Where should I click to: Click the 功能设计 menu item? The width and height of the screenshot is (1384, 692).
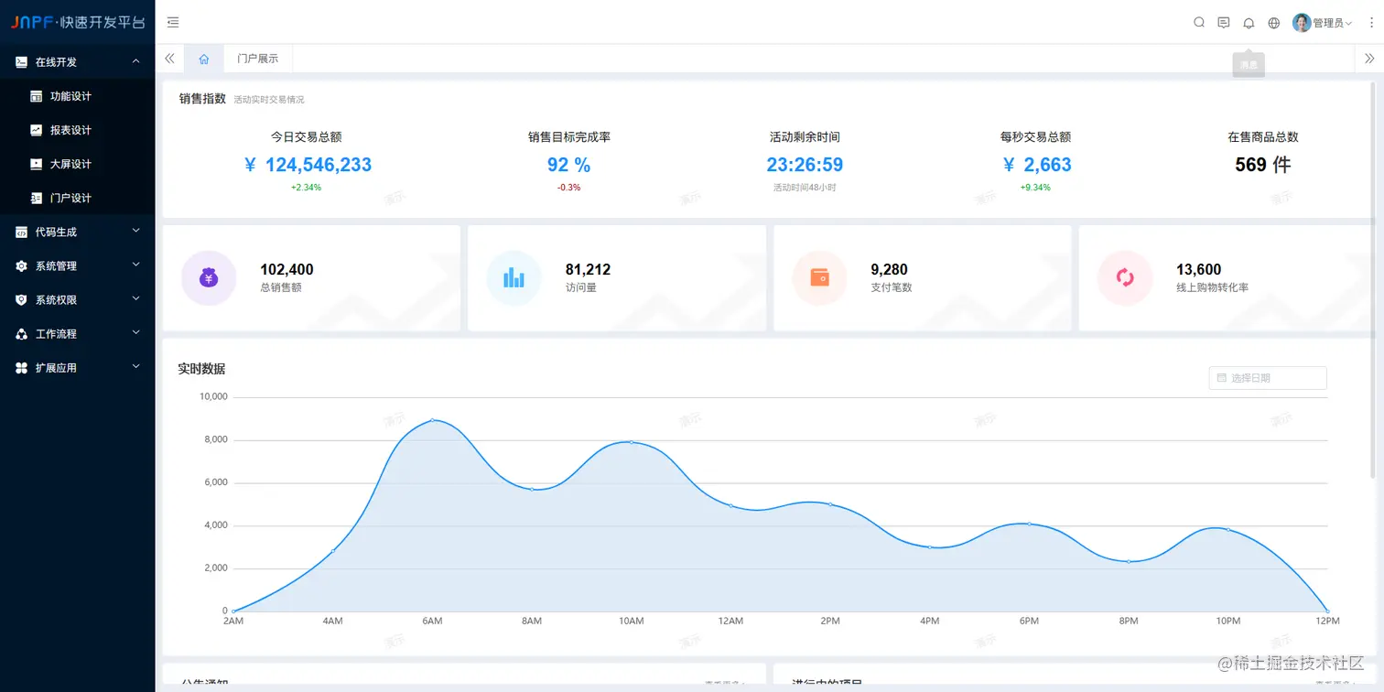(x=70, y=96)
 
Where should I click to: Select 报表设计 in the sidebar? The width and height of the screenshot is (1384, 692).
(x=70, y=130)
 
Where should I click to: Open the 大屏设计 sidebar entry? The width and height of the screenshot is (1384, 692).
(x=70, y=164)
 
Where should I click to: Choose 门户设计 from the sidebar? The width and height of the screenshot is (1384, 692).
(x=70, y=198)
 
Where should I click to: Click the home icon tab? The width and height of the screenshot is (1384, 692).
(x=204, y=59)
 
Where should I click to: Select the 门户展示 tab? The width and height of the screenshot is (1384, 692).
(x=257, y=59)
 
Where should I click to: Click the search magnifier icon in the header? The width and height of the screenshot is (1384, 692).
(x=1199, y=23)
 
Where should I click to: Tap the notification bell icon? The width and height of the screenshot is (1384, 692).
(x=1249, y=23)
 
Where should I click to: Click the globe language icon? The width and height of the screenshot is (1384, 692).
(x=1274, y=23)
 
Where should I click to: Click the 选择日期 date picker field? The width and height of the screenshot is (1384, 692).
(x=1268, y=378)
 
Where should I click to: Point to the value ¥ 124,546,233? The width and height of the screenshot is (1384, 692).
(x=308, y=165)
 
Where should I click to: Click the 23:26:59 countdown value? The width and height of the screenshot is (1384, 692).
(x=805, y=165)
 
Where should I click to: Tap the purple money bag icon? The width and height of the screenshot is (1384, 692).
(x=209, y=277)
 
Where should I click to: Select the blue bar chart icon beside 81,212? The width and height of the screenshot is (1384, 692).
(x=514, y=277)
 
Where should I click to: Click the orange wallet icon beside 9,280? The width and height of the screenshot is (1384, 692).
(x=819, y=277)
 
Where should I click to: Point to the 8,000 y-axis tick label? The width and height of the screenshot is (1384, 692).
(x=213, y=440)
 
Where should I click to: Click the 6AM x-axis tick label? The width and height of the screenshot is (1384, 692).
(x=432, y=622)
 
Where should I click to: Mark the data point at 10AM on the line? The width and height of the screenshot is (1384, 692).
(x=632, y=442)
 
